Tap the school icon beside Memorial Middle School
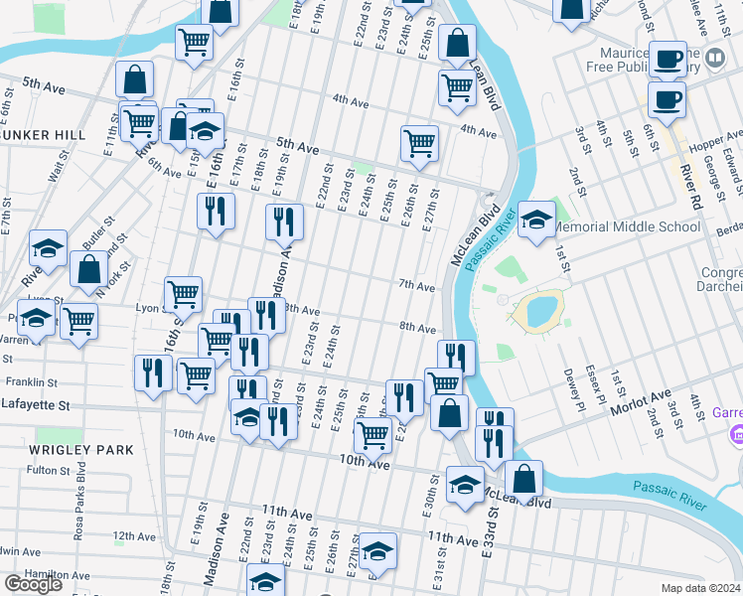click(536, 221)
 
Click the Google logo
click(33, 584)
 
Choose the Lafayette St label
click(36, 405)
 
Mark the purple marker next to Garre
click(736, 435)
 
